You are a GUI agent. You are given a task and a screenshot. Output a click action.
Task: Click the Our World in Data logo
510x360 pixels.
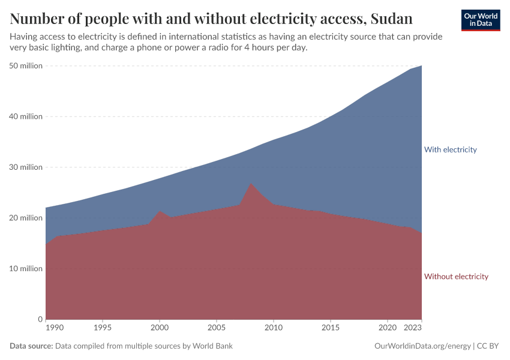pos(480,20)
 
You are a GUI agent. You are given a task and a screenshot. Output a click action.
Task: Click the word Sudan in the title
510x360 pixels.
pos(391,19)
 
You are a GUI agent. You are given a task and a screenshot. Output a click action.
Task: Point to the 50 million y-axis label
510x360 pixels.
pos(26,66)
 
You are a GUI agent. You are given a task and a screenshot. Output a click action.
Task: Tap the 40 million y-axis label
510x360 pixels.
pos(26,116)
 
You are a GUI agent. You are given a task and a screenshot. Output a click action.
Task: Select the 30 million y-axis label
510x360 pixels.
pos(26,167)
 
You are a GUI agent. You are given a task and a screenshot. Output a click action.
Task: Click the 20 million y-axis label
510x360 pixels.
pos(26,218)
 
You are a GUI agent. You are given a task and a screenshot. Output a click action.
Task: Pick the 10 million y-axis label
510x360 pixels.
pos(26,268)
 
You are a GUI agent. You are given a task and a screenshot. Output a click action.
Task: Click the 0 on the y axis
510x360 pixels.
pos(40,319)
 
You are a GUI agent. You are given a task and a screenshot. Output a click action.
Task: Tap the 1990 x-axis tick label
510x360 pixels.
pos(54,329)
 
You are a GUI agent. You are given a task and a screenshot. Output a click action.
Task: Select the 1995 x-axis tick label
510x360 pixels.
pos(103,329)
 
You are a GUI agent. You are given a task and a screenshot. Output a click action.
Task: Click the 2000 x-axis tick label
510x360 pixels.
pos(160,329)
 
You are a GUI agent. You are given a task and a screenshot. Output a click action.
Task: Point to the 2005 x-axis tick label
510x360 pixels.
pos(217,329)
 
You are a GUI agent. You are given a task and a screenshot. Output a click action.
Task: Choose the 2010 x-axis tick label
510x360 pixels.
pos(274,329)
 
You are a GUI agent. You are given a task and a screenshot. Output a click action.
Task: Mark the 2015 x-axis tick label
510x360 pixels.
pos(331,329)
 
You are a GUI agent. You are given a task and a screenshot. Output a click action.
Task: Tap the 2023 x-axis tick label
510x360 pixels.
pos(413,329)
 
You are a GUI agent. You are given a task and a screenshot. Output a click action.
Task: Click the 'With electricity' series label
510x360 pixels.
pos(450,149)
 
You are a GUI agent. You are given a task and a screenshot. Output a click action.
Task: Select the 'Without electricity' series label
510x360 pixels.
pos(456,277)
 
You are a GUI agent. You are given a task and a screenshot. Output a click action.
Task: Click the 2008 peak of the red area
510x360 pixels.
pos(251,184)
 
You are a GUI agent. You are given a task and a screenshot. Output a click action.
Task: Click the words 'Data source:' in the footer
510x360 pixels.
pos(31,346)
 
